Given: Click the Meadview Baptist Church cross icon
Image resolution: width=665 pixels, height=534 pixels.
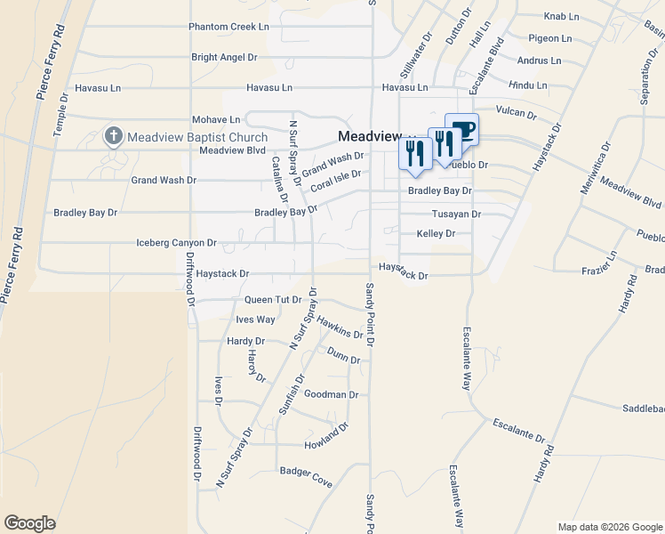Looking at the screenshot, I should tap(113, 136).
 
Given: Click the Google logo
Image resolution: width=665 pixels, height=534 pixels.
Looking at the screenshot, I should tap(29, 523).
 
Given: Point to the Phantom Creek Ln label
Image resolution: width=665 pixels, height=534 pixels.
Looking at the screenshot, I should tap(228, 27).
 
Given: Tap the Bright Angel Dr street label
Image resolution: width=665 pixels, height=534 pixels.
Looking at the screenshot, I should tap(224, 57).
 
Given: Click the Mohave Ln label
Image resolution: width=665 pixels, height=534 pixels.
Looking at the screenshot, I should tap(216, 119).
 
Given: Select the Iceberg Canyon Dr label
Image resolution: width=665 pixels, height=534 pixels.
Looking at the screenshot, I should tap(176, 242).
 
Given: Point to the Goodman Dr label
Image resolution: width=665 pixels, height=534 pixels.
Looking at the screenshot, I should tap(331, 394).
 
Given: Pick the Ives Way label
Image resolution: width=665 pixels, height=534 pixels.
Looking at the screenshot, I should tap(255, 320).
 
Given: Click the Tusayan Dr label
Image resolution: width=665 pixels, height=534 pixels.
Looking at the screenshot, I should tap(456, 214).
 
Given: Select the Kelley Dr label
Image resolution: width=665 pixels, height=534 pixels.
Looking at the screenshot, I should tap(436, 233).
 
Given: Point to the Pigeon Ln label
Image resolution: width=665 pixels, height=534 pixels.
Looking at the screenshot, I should tap(549, 38).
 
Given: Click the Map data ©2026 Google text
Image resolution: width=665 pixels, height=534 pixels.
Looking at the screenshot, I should tap(609, 527).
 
